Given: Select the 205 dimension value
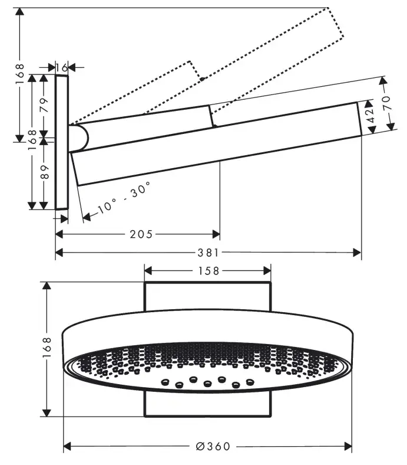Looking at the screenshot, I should point(141,234).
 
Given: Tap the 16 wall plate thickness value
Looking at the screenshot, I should point(62,68).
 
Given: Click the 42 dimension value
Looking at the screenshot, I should point(370,114).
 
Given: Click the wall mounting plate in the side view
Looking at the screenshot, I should point(62,142).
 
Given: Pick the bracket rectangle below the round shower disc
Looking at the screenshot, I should point(208,404).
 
